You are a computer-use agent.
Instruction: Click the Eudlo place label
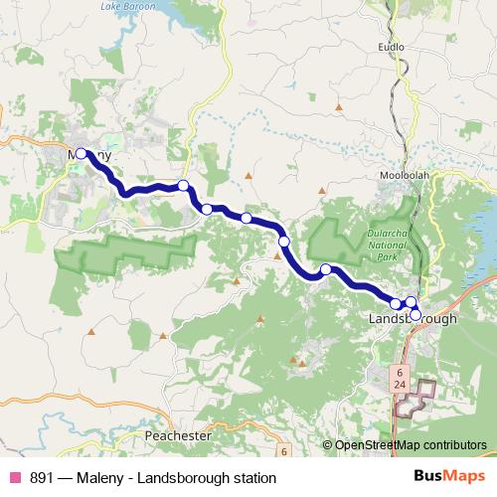[390, 46]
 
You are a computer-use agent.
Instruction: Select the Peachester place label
[178, 435]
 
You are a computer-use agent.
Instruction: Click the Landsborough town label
[413, 319]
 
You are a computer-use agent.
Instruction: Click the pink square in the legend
[14, 478]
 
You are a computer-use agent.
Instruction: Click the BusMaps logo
[448, 478]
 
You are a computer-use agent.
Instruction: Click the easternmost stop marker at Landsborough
[415, 314]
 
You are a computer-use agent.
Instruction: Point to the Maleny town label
[90, 156]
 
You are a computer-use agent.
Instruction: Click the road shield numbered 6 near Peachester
[282, 451]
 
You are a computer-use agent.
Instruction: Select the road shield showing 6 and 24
[400, 376]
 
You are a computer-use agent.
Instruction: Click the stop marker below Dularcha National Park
[325, 269]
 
